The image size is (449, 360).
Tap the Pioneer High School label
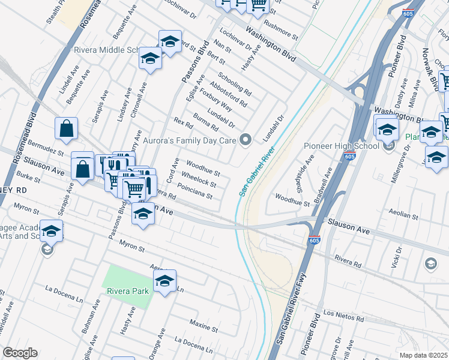[342, 146]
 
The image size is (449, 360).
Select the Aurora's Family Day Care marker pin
[245, 140]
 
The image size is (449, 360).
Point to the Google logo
[20, 353]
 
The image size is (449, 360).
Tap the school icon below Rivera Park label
[164, 281]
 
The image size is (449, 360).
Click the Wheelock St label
[199, 178]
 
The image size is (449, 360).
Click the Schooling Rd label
[235, 85]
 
